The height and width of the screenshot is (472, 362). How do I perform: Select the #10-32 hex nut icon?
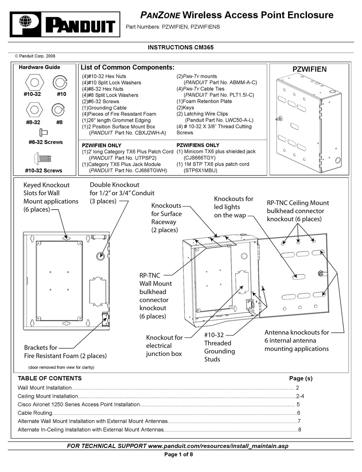[x=34, y=82]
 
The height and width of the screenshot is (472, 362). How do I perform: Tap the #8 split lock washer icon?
[x=58, y=110]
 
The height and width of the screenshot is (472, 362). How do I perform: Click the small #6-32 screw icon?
[x=43, y=132]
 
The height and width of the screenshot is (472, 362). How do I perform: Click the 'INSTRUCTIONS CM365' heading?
[x=181, y=48]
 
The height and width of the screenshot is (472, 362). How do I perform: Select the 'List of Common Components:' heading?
[x=127, y=67]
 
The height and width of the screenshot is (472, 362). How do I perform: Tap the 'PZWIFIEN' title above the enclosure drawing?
[x=309, y=69]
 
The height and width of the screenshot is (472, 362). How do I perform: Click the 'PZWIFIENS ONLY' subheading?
[x=198, y=145]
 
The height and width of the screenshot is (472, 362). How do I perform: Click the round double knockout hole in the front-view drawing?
[x=101, y=255]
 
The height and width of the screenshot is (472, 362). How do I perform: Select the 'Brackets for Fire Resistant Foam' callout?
[x=65, y=352]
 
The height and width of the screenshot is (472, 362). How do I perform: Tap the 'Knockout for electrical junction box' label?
[x=164, y=346]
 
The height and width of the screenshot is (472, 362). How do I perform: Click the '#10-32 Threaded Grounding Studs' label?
[x=219, y=347]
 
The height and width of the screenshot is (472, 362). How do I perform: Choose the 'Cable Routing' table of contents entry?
[x=35, y=413]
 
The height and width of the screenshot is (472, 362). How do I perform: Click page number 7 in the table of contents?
[x=299, y=421]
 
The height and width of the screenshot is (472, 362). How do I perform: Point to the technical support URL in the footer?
[x=215, y=446]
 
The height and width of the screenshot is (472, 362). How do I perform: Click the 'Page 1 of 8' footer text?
[x=181, y=454]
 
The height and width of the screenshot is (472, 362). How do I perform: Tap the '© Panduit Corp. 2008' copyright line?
[x=35, y=56]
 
